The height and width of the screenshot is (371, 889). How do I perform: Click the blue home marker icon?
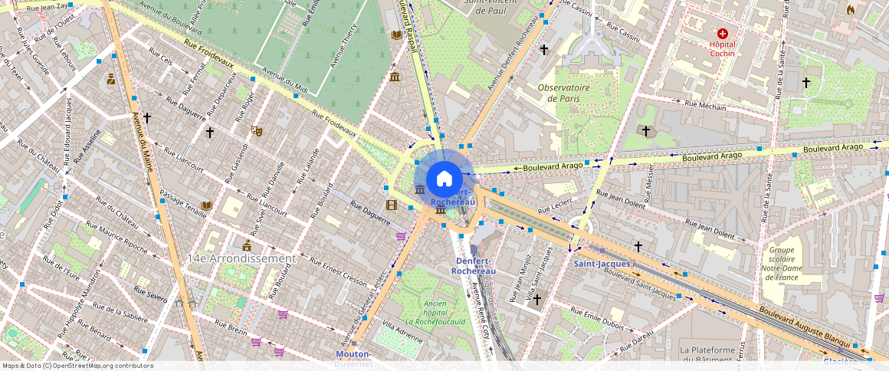point(444,179)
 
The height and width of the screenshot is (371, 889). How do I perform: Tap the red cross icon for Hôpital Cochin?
point(722,34)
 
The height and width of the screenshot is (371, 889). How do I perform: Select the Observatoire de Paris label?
point(568,93)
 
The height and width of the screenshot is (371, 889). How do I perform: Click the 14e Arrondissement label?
point(241,259)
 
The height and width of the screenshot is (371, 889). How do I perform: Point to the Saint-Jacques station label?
point(602,264)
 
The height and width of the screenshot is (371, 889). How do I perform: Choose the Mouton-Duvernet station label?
point(353,359)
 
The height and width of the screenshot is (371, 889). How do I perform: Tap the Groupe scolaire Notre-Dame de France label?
point(781,263)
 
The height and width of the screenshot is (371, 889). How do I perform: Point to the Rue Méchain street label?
point(705,106)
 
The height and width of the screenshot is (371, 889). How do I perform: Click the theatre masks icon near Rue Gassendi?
point(257,132)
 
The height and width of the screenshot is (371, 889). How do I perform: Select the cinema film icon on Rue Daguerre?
point(392,205)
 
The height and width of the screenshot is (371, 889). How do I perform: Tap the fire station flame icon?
point(849,10)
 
